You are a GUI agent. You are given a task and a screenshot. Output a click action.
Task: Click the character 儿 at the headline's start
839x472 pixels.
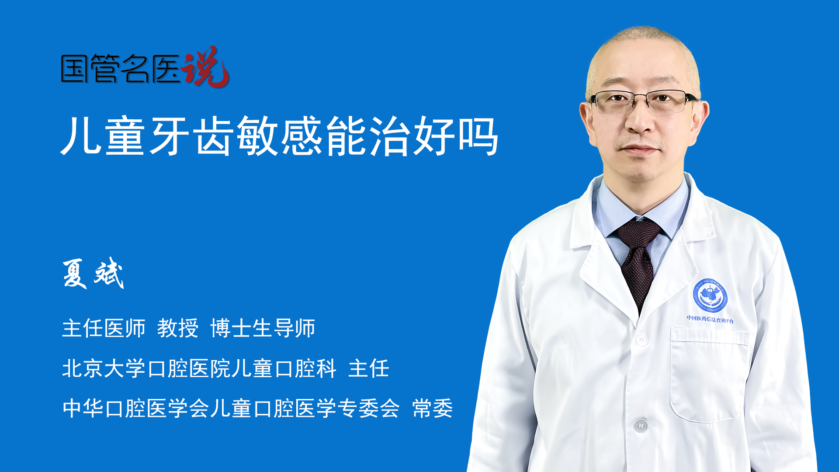pos(81,136)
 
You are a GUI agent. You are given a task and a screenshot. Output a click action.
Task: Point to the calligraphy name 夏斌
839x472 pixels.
pos(93,274)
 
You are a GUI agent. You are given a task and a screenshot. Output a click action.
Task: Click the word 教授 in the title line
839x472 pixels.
pos(177,328)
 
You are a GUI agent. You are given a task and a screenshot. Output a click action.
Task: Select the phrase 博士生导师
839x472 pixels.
pos(263,328)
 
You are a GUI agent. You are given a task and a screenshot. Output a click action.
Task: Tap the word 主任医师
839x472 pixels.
pos(104,328)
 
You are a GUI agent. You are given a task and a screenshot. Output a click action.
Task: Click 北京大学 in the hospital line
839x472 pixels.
pos(104,368)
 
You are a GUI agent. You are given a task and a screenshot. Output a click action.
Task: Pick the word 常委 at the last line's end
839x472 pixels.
pos(433,408)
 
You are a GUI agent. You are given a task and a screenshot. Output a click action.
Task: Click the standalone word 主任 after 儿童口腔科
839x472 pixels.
pos(369,368)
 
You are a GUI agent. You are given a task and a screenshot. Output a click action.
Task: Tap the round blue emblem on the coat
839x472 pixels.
pos(710,296)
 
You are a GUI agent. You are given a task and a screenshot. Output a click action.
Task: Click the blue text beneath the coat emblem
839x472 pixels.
pos(710,319)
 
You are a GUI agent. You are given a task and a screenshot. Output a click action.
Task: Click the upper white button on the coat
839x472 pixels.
pos(641,339)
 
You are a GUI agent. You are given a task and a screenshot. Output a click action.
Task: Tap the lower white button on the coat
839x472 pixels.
pos(640,425)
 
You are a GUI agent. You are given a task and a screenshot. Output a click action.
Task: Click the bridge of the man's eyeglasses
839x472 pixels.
pos(641,97)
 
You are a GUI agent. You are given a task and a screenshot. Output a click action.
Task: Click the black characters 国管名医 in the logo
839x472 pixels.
pos(121,69)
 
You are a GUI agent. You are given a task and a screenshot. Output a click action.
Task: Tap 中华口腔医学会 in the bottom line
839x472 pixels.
pos(135,408)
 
